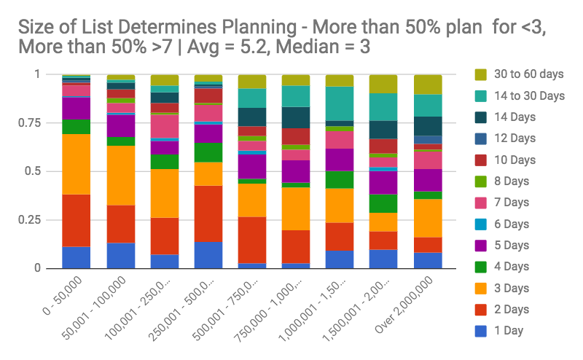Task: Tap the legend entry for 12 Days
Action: tap(511, 138)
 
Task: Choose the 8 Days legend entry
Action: tap(509, 181)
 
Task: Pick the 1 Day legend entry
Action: tap(507, 332)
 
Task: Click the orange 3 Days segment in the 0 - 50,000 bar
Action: tap(76, 164)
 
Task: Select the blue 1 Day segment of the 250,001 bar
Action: tap(208, 254)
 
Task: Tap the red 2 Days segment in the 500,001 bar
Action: tap(252, 240)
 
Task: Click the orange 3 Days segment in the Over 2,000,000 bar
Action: tap(429, 218)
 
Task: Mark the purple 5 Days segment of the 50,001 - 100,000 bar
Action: tap(120, 125)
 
